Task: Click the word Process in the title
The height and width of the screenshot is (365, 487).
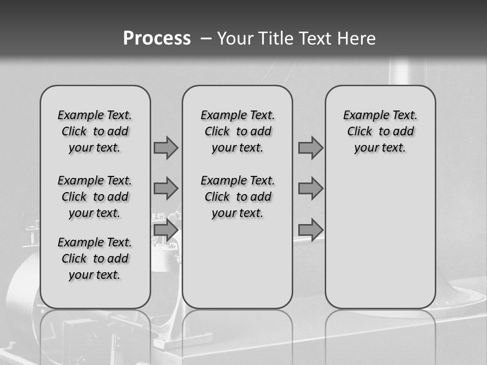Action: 157,38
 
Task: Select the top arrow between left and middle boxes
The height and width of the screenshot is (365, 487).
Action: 166,148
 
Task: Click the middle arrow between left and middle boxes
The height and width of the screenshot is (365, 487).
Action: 166,189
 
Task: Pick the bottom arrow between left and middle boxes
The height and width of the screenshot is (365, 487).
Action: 166,230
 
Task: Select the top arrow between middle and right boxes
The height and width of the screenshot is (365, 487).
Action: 310,148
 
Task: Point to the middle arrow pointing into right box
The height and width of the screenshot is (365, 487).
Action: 310,189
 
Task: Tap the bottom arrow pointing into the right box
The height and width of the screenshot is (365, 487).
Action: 310,230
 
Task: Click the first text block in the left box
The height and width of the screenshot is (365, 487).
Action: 95,131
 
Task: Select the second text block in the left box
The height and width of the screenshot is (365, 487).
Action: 95,197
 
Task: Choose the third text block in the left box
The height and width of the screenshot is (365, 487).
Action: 95,259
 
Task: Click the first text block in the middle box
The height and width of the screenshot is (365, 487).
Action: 237,131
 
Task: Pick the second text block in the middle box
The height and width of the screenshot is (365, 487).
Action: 237,197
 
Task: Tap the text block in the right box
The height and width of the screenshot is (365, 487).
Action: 380,131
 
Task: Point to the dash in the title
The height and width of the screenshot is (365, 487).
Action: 206,39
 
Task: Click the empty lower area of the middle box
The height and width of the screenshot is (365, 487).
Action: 237,264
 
